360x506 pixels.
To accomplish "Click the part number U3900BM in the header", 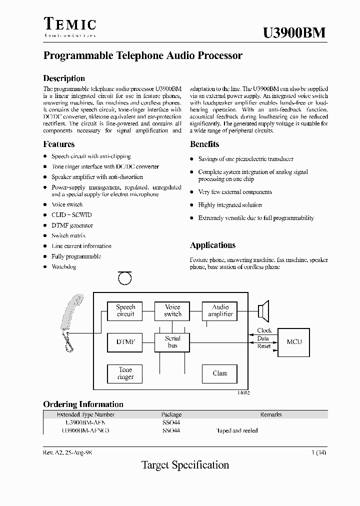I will coord(294,32).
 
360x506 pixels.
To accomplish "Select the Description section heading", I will coord(64,78).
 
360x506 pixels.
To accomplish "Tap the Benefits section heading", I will coord(204,144).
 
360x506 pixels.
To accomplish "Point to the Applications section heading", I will coord(212,245).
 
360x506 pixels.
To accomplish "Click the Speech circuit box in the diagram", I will coord(125,310).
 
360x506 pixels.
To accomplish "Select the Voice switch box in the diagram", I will coord(172,310).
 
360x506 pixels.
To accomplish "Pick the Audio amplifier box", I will coord(220,310).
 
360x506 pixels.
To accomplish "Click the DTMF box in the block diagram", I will coord(125,342).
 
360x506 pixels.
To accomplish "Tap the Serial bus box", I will coord(172,342).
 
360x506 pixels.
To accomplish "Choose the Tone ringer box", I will coord(125,373).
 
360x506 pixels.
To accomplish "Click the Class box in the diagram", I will coord(220,373).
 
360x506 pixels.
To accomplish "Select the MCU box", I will coord(294,342).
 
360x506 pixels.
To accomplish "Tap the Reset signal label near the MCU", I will coord(263,346).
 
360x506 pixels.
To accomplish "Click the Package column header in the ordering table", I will coord(171,414).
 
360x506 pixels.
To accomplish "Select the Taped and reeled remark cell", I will coord(237,430).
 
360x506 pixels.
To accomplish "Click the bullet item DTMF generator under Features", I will coord(72,225).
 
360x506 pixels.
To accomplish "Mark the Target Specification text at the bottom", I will coord(185,465).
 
